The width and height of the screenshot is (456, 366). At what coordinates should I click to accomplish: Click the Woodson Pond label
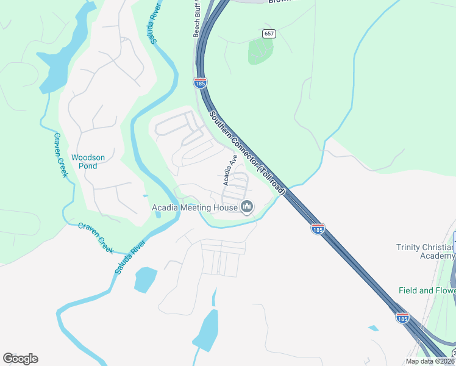pos(88,162)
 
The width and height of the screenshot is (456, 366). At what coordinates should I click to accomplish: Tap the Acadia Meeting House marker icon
pos(247,207)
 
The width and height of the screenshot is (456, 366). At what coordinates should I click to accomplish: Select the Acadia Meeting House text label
pos(194,208)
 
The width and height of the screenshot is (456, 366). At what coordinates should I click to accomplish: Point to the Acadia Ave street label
pos(229,170)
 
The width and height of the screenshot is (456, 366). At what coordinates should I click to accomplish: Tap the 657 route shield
pos(268,34)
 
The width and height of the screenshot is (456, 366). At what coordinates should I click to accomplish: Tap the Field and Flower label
pos(427,290)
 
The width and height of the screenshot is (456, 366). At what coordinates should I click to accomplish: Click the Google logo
pos(20,359)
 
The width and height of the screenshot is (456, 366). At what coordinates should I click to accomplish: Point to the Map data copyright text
pos(430,361)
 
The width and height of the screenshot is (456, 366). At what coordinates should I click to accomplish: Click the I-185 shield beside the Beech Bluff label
pos(200,82)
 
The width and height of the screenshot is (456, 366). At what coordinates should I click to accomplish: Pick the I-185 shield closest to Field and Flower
pos(402,318)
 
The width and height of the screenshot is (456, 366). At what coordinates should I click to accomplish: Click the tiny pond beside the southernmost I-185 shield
pos(373,328)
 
